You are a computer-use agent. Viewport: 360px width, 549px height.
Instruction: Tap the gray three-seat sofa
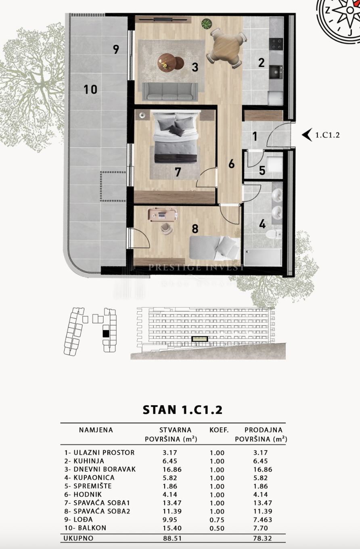coord(170,91)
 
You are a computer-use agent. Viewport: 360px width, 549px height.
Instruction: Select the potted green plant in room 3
coord(206,24)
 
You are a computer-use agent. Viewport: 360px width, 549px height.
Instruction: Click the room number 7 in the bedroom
coord(178,172)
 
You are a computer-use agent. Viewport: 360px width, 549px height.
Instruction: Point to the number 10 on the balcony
coord(90,89)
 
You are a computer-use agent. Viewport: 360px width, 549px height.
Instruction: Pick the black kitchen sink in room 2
coord(276,72)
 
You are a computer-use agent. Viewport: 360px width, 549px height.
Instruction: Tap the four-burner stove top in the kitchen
coord(276,44)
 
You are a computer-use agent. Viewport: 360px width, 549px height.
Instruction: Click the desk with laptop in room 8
coord(162,215)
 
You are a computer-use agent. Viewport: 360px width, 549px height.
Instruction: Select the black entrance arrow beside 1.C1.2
coord(307,135)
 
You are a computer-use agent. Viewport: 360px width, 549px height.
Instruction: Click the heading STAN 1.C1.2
coord(182,410)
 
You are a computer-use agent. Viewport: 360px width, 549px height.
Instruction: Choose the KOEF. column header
coord(219,430)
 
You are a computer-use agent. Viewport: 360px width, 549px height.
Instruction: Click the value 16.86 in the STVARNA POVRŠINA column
coord(172,469)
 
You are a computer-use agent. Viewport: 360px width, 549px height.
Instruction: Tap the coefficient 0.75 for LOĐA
coord(217,520)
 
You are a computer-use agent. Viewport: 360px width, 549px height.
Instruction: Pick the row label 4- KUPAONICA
coord(89,478)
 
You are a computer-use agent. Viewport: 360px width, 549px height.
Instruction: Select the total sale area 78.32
coord(262,538)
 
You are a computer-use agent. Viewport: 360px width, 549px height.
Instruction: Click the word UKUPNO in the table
coord(78,538)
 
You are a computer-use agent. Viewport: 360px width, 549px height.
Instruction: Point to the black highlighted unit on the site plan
coord(106,333)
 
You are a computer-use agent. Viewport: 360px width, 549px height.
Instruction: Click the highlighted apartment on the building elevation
coord(200,339)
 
